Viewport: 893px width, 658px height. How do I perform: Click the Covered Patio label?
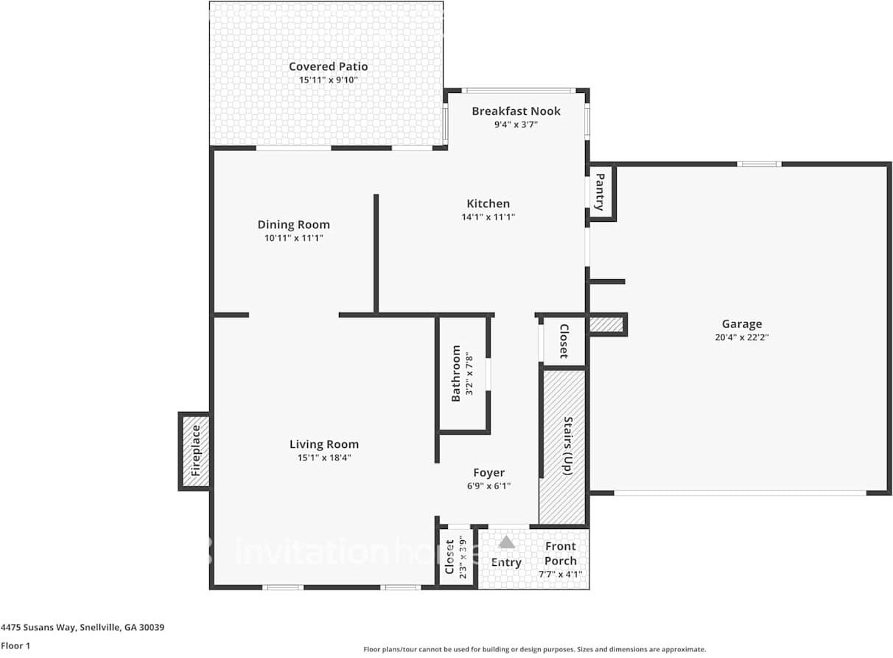pos(328,67)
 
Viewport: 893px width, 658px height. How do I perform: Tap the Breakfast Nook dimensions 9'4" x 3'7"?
pos(516,125)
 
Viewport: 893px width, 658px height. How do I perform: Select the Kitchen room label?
pos(488,203)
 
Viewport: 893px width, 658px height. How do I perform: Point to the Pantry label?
pos(600,192)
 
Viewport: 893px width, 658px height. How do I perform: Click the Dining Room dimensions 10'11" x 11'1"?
pos(293,238)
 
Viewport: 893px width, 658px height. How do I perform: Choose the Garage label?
pos(741,323)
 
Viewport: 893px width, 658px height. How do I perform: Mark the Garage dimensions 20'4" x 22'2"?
pos(741,337)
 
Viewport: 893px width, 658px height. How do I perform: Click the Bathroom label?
pos(456,373)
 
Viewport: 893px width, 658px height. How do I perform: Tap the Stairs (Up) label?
pos(568,445)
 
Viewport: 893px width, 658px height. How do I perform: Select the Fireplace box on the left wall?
pos(195,451)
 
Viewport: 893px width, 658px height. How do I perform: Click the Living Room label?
pos(323,444)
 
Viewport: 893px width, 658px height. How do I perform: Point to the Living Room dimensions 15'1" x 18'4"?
pos(323,458)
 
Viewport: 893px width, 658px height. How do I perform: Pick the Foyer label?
pos(488,472)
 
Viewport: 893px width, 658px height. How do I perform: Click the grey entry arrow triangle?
pos(506,543)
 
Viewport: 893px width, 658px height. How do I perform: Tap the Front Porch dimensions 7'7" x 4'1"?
pos(560,575)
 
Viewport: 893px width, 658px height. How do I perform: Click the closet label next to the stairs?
pos(564,341)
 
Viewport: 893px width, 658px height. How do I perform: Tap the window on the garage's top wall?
pos(759,164)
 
